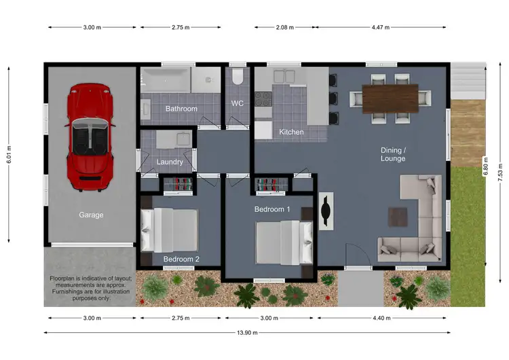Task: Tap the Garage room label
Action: [x=91, y=215]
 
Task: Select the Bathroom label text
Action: [x=181, y=109]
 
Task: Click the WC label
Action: [x=237, y=104]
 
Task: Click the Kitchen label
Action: [x=291, y=132]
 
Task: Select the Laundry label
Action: [x=170, y=162]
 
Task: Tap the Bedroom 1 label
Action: [x=272, y=209]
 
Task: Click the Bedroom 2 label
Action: [x=181, y=259]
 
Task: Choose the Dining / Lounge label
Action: [x=393, y=154]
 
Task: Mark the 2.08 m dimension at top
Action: [x=285, y=28]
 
